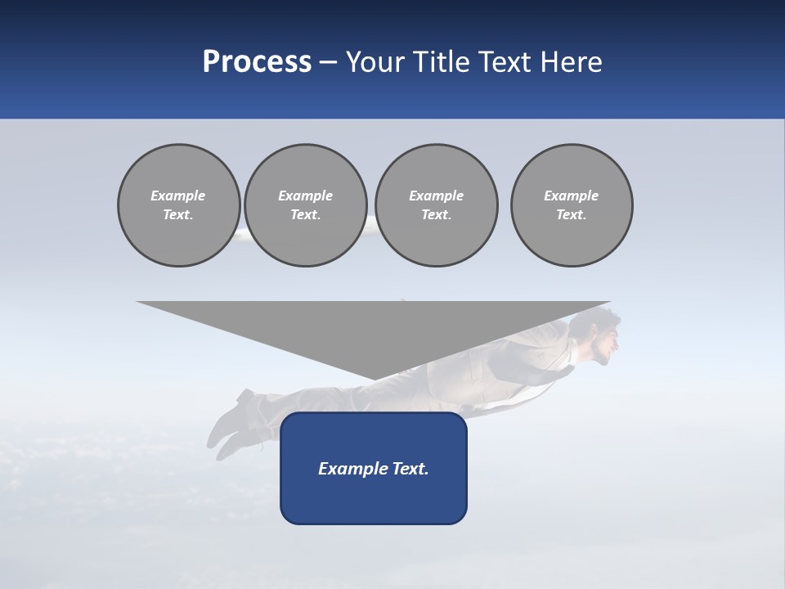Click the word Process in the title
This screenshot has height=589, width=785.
tap(257, 62)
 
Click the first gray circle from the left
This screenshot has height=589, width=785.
tap(178, 205)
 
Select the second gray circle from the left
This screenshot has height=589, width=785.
tap(305, 205)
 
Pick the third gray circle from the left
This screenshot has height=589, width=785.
tap(436, 205)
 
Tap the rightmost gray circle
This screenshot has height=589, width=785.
tap(572, 205)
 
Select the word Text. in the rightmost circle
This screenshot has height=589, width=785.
tap(572, 215)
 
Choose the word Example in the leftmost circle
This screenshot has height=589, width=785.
tap(178, 196)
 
